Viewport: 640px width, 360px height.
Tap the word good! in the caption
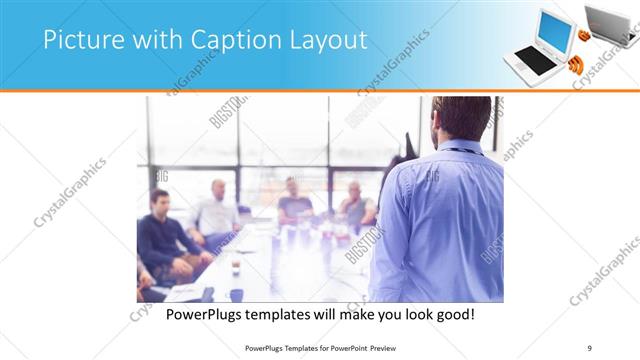point(452,314)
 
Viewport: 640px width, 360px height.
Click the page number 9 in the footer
point(590,347)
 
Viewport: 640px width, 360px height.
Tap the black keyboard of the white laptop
point(536,61)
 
